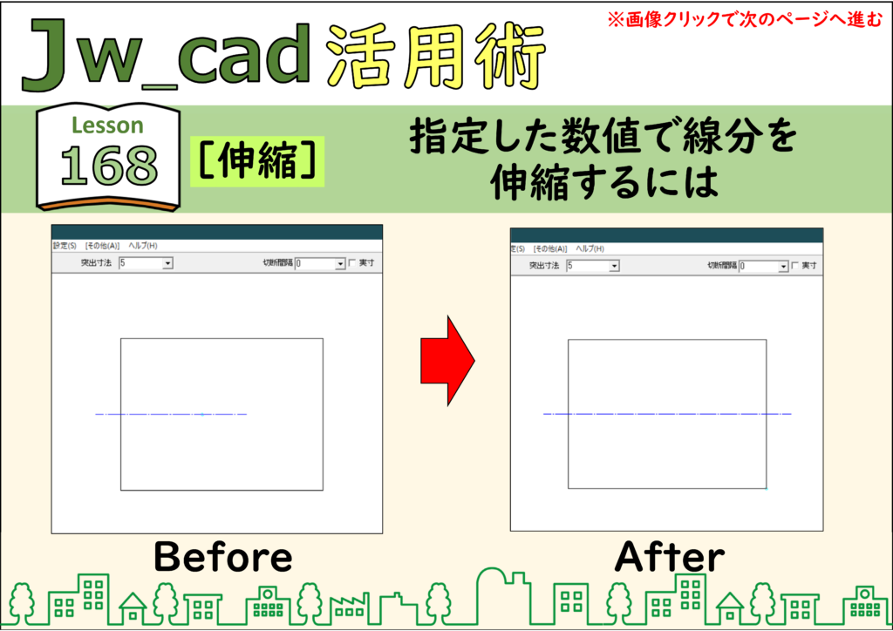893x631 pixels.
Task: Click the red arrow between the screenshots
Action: (x=447, y=361)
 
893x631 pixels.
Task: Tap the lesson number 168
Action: (x=109, y=166)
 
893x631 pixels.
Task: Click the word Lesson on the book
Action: (x=107, y=126)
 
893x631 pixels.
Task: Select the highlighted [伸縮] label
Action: (x=257, y=161)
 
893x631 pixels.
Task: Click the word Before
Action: (x=222, y=556)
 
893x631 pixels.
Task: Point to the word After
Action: (x=670, y=556)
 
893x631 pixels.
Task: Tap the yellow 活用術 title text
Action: (x=437, y=57)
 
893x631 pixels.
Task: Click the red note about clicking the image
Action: (x=745, y=19)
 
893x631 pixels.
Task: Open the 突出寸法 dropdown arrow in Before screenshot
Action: (x=167, y=263)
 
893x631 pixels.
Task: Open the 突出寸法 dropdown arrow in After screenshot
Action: (x=614, y=267)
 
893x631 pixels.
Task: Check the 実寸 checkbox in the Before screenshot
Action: (x=352, y=263)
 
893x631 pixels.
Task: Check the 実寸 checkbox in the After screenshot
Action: (x=795, y=266)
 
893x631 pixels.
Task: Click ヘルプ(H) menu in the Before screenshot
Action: (x=143, y=246)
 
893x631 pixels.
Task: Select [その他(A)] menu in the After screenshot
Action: (x=550, y=248)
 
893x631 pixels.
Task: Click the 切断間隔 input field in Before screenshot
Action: (x=315, y=263)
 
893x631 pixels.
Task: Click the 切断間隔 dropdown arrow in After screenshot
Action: (x=783, y=267)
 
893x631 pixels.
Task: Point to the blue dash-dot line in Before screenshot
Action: (x=171, y=414)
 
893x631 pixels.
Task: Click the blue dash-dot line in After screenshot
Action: (x=667, y=414)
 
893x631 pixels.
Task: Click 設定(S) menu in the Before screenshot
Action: (x=65, y=246)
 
